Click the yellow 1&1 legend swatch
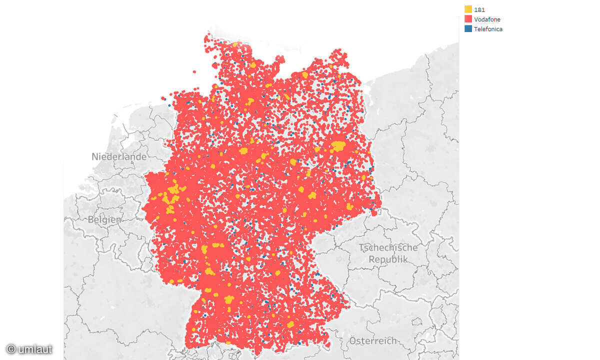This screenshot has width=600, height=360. coord(468,9)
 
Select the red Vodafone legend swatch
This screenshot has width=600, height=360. coord(468,19)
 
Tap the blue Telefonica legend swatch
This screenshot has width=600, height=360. coord(468,29)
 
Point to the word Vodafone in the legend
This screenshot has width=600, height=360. coord(487,19)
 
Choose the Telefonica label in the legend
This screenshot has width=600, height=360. coord(488,29)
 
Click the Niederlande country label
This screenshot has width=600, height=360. coord(119,156)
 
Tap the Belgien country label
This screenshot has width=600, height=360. coord(104,219)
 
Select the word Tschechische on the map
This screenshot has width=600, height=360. coord(388,247)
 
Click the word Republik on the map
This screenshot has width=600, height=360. coord(388,259)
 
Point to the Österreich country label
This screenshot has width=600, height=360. coord(372,340)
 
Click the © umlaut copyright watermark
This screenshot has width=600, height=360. coord(29,349)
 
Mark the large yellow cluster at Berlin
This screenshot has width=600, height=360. coord(338,146)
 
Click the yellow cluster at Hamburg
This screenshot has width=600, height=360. coord(250,101)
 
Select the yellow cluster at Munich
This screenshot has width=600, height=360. coord(290,324)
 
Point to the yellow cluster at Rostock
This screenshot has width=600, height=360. coord(305,75)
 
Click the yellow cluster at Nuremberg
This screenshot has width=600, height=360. coord(276,273)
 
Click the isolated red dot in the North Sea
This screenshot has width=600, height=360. coord(194,72)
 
